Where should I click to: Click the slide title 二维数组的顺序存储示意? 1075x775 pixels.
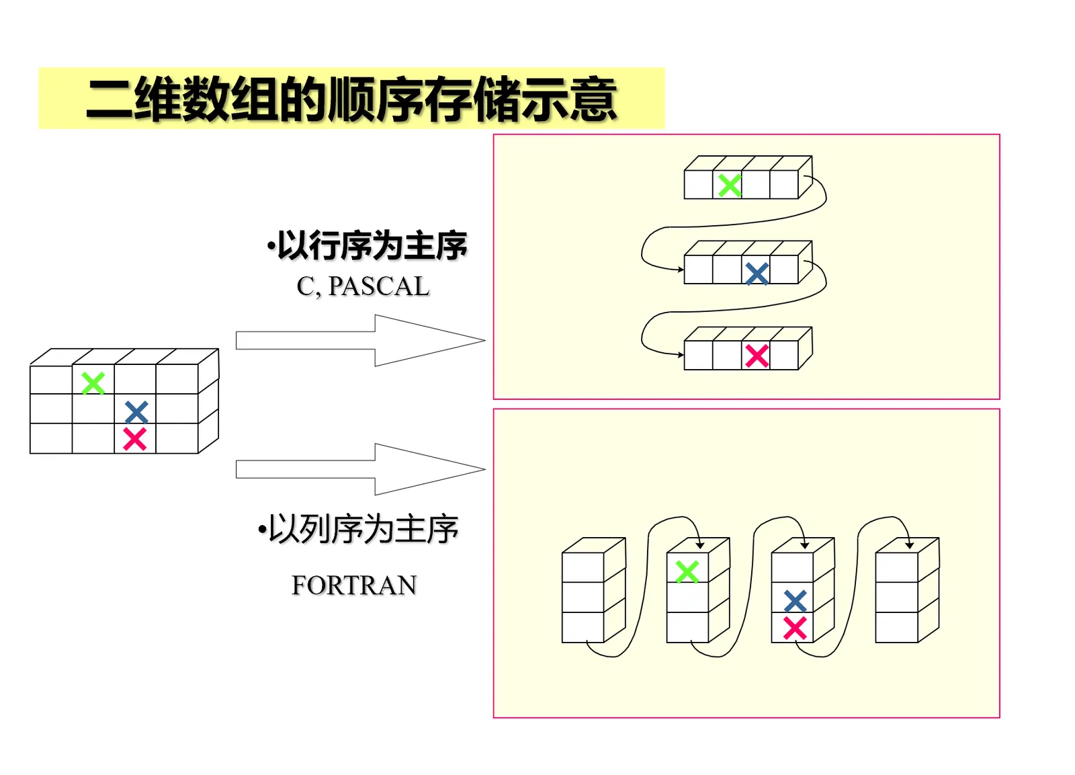(351, 99)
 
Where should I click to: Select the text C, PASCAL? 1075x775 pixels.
(363, 287)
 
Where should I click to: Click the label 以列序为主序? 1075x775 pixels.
(358, 530)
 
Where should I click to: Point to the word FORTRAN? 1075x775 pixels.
(354, 585)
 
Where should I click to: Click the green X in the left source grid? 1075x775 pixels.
(93, 383)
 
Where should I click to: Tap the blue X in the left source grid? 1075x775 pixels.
(136, 411)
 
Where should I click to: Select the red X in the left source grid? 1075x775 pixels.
(135, 439)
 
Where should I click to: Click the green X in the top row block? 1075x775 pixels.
(730, 185)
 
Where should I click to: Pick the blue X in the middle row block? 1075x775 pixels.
(757, 274)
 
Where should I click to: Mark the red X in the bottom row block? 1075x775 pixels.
(757, 356)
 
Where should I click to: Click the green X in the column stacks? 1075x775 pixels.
(687, 572)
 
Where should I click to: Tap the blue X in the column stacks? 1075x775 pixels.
(795, 600)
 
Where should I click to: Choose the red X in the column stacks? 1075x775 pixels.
(795, 628)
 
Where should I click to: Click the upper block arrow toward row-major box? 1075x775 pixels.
(360, 341)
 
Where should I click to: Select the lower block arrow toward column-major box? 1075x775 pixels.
(360, 469)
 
